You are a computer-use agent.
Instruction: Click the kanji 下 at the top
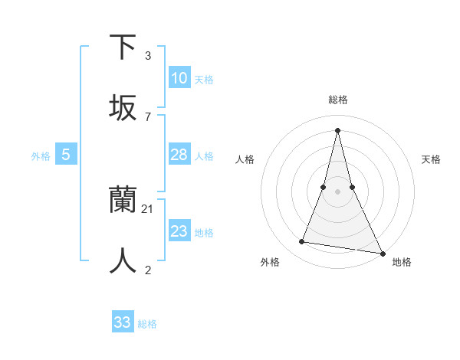tap(123, 47)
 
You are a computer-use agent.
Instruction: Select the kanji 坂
tap(123, 107)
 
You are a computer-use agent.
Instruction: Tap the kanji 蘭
tap(123, 199)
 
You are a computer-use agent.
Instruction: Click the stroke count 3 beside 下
tap(147, 55)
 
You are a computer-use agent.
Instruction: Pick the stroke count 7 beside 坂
tap(147, 116)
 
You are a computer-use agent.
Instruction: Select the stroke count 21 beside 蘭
tap(149, 208)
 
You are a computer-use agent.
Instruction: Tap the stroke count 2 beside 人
tap(147, 270)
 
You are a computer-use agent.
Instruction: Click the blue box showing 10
tap(179, 78)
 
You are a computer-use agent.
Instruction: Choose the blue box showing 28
tap(179, 155)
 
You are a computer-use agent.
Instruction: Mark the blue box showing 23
tap(179, 231)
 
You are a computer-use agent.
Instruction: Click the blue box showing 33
tap(123, 322)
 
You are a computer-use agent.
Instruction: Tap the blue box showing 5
tap(66, 155)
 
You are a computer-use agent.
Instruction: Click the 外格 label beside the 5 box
tap(41, 156)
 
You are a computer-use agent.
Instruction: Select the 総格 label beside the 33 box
tap(147, 324)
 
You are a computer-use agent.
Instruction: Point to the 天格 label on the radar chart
tap(432, 159)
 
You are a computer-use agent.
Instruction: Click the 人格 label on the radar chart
tap(245, 159)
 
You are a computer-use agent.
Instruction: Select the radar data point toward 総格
tap(337, 129)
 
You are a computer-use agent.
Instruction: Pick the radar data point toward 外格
tap(302, 242)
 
